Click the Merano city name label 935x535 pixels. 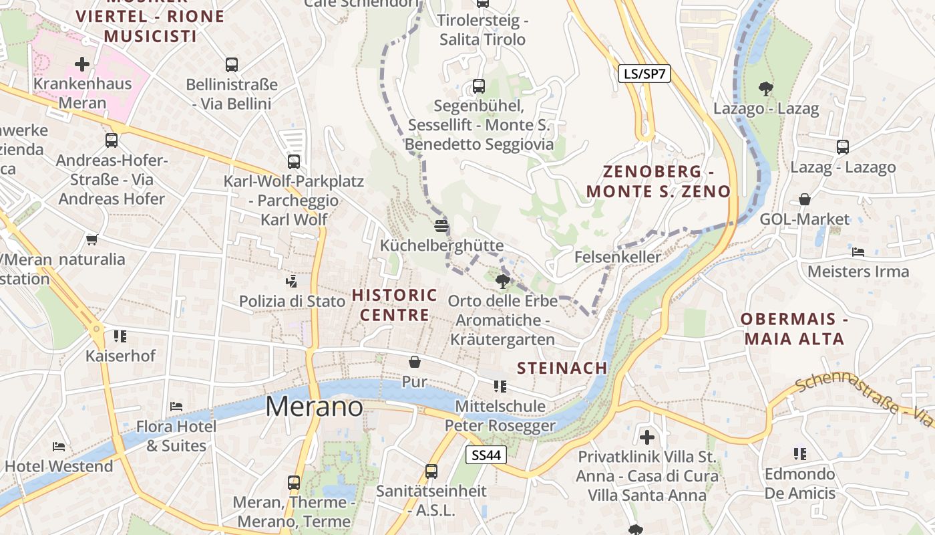pos(315,407)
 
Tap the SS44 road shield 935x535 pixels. pos(486,455)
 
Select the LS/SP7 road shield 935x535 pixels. pos(644,74)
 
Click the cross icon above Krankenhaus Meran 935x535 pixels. pos(82,64)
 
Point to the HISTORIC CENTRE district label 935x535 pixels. pos(395,305)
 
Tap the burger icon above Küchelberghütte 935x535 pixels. pos(441,225)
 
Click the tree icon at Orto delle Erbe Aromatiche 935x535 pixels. pos(503,281)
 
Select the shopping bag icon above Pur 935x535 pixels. pos(415,362)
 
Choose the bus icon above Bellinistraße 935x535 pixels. pos(232,65)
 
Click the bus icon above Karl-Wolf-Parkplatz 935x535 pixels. pos(294,161)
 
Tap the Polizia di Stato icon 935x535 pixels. pos(291,281)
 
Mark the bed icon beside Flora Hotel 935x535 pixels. pos(176,406)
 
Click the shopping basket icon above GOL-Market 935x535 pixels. pos(805,199)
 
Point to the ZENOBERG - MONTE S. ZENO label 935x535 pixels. pos(659,181)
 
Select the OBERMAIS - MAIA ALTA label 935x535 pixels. pos(794,328)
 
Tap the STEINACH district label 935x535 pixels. pos(562,368)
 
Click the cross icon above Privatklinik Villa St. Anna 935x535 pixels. pos(647,437)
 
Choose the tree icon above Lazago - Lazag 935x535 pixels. pos(765,88)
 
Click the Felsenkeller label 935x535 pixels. pos(618,257)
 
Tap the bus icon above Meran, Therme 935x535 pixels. pos(294,482)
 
